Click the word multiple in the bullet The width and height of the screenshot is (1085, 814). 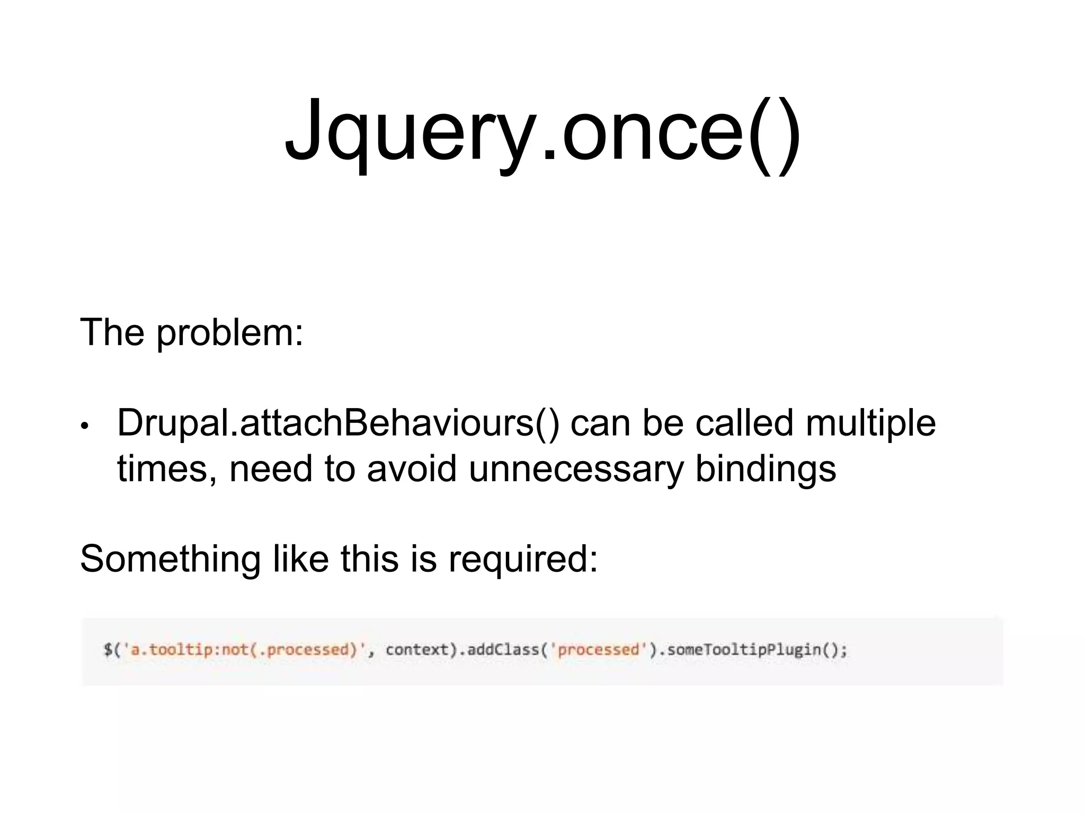[x=870, y=424]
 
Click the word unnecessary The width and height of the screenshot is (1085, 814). [x=576, y=470]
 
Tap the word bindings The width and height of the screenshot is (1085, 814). [x=765, y=470]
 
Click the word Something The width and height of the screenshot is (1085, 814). [x=170, y=560]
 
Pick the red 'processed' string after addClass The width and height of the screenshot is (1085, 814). [x=599, y=650]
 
